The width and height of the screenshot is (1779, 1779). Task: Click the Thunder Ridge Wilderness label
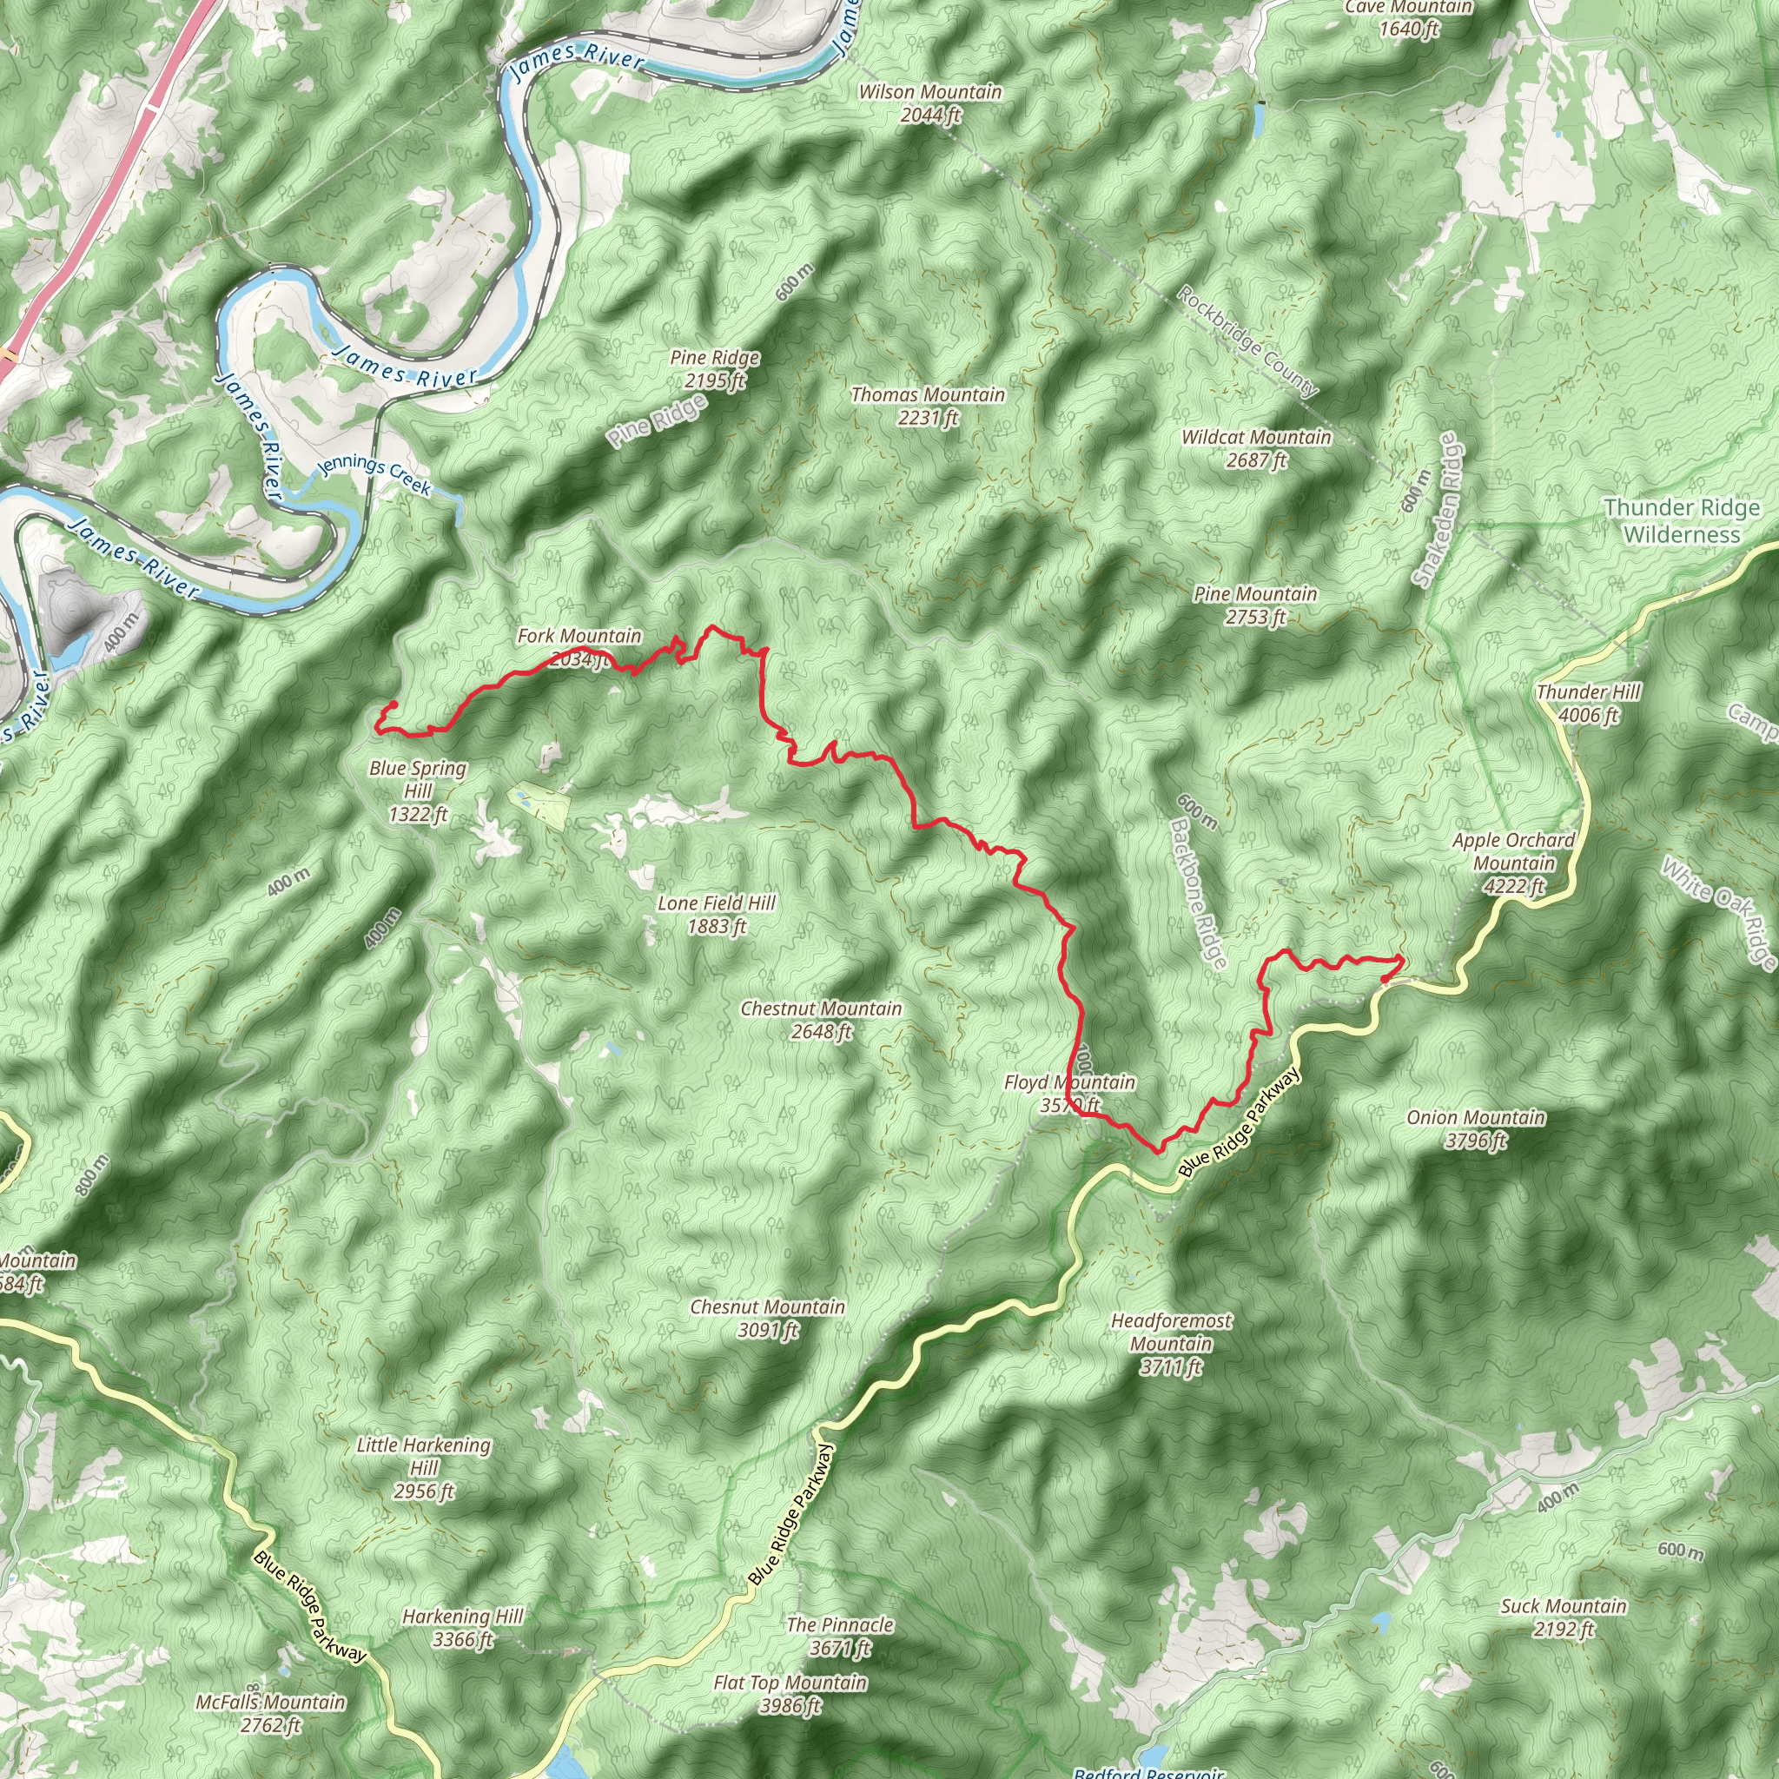pos(1681,521)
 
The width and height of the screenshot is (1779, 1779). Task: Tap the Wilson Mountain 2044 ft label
pos(930,103)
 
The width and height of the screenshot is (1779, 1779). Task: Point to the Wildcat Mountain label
pos(1256,448)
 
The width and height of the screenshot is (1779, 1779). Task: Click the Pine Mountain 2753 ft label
pos(1255,605)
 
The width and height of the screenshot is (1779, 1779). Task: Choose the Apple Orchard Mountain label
pos(1513,863)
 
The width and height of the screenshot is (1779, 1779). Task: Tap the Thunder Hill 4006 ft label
pos(1589,704)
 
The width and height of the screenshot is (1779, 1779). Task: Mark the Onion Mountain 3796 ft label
pos(1475,1129)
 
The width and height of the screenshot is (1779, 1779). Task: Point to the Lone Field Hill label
pos(717,915)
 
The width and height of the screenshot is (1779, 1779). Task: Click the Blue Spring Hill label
pos(418,791)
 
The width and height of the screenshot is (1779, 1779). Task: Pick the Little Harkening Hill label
pos(424,1468)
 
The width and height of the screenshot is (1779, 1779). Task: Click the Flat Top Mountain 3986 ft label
pos(790,1693)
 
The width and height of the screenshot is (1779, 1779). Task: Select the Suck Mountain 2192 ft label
pos(1564,1617)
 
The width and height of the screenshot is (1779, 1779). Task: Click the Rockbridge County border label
pos(1247,341)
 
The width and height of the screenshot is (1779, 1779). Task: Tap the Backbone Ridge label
pos(1198,892)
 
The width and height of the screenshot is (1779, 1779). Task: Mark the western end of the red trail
pos(393,704)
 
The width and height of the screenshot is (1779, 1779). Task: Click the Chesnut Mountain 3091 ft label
pos(767,1318)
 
